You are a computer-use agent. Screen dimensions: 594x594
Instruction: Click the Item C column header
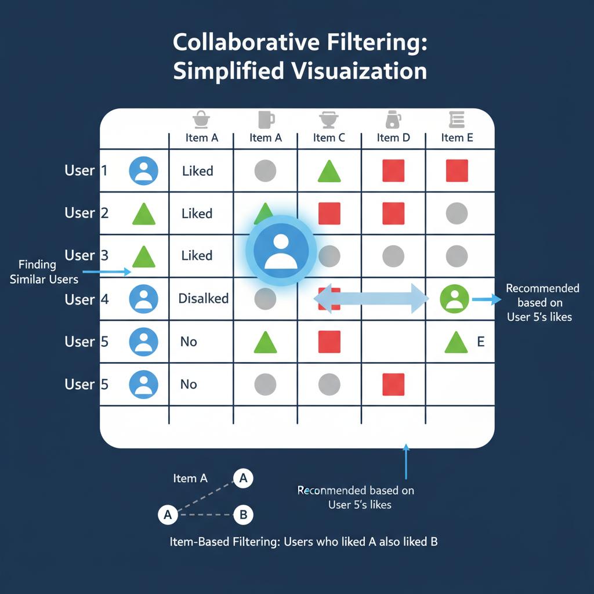pyautogui.click(x=329, y=137)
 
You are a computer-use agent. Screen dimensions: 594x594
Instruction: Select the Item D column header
pyautogui.click(x=393, y=137)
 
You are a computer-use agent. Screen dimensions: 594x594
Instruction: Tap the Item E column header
pyautogui.click(x=457, y=137)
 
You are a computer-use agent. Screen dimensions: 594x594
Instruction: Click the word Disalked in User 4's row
pyautogui.click(x=203, y=299)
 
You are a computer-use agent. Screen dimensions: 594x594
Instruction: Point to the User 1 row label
pyautogui.click(x=86, y=171)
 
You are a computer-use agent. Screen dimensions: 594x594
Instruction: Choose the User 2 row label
pyautogui.click(x=86, y=213)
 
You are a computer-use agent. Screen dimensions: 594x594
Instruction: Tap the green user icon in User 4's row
pyautogui.click(x=455, y=299)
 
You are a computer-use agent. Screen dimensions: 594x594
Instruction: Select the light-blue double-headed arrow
pyautogui.click(x=371, y=299)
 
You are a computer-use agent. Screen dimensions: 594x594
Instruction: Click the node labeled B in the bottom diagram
pyautogui.click(x=243, y=514)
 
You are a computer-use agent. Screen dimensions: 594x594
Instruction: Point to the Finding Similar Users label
pyautogui.click(x=44, y=271)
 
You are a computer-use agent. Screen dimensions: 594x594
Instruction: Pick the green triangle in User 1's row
pyautogui.click(x=329, y=171)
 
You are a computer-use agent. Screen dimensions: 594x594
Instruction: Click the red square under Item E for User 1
pyautogui.click(x=457, y=171)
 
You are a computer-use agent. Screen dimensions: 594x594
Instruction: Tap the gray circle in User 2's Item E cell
pyautogui.click(x=457, y=213)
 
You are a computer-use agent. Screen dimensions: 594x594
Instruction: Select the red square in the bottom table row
pyautogui.click(x=393, y=384)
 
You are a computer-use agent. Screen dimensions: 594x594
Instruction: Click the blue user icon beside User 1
pyautogui.click(x=143, y=171)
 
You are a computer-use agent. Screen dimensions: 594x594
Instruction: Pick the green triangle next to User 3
pyautogui.click(x=144, y=256)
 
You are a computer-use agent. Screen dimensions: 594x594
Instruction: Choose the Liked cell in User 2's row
pyautogui.click(x=197, y=213)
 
